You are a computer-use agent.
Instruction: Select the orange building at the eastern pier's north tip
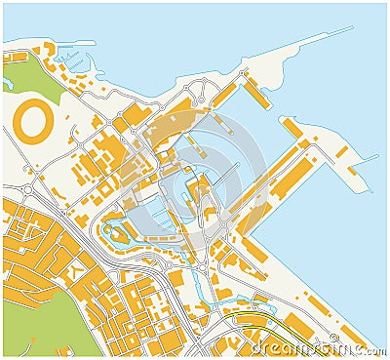coord(292,127)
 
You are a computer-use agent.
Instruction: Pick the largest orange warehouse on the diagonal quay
coord(292,180)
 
